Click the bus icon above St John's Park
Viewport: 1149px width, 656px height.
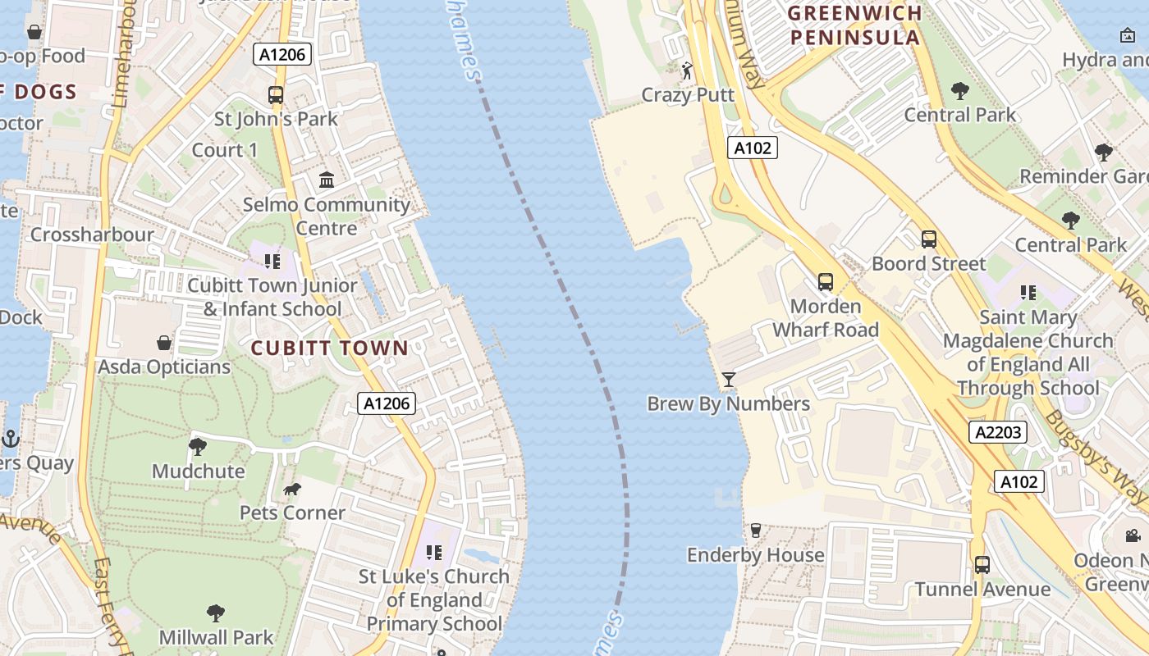(276, 95)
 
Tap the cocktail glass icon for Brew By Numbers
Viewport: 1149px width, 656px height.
(728, 379)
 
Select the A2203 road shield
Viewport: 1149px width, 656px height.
(997, 432)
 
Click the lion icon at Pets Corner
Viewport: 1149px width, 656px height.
(291, 490)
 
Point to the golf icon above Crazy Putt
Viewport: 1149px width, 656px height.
(687, 71)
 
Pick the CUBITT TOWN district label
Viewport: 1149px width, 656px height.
(329, 348)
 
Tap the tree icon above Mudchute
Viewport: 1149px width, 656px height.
(198, 447)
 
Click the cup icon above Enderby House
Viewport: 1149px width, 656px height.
(756, 531)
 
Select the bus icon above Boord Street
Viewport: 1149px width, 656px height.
(928, 239)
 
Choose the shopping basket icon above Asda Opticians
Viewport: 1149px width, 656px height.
(164, 342)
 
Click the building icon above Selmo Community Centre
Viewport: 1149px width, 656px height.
(327, 180)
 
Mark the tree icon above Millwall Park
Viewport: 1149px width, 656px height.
(216, 613)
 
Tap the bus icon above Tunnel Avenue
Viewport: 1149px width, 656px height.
(982, 565)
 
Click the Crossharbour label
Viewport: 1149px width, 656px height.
(92, 235)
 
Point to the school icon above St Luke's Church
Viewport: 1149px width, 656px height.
(433, 553)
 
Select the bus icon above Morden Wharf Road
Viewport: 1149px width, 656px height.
(826, 282)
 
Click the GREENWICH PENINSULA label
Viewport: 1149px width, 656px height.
(854, 25)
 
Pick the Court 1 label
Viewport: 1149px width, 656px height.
(224, 150)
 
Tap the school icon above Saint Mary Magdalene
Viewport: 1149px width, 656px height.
(1028, 293)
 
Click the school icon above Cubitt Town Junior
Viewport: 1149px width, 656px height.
(272, 262)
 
